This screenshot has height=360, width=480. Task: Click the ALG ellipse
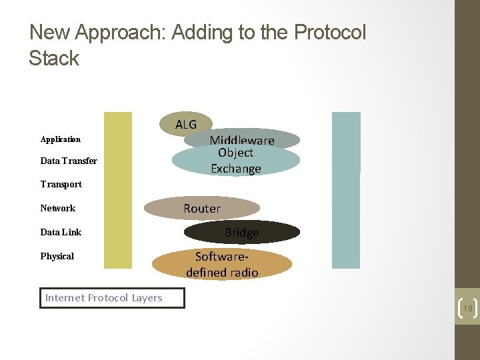click(x=186, y=124)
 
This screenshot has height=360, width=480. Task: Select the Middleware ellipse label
click(x=241, y=139)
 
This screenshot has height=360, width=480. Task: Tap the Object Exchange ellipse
click(x=235, y=161)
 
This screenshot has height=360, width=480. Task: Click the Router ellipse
click(x=202, y=208)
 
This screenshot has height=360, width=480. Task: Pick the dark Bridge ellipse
click(x=241, y=232)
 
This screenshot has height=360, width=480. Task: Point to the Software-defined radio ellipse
click(x=222, y=265)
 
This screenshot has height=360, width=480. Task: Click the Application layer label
click(x=60, y=139)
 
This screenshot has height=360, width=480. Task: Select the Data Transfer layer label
click(x=69, y=161)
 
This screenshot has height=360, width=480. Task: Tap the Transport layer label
click(x=61, y=184)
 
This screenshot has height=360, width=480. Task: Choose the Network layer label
click(x=57, y=208)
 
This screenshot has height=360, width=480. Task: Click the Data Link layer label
click(x=61, y=232)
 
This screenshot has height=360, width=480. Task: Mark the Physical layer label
click(x=57, y=256)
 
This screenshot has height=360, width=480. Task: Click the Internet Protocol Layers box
click(x=111, y=298)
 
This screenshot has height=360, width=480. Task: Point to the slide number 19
click(x=468, y=309)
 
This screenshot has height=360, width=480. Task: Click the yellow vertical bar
click(x=119, y=190)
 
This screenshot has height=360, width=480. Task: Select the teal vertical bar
click(x=346, y=190)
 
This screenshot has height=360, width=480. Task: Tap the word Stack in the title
click(x=54, y=58)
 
